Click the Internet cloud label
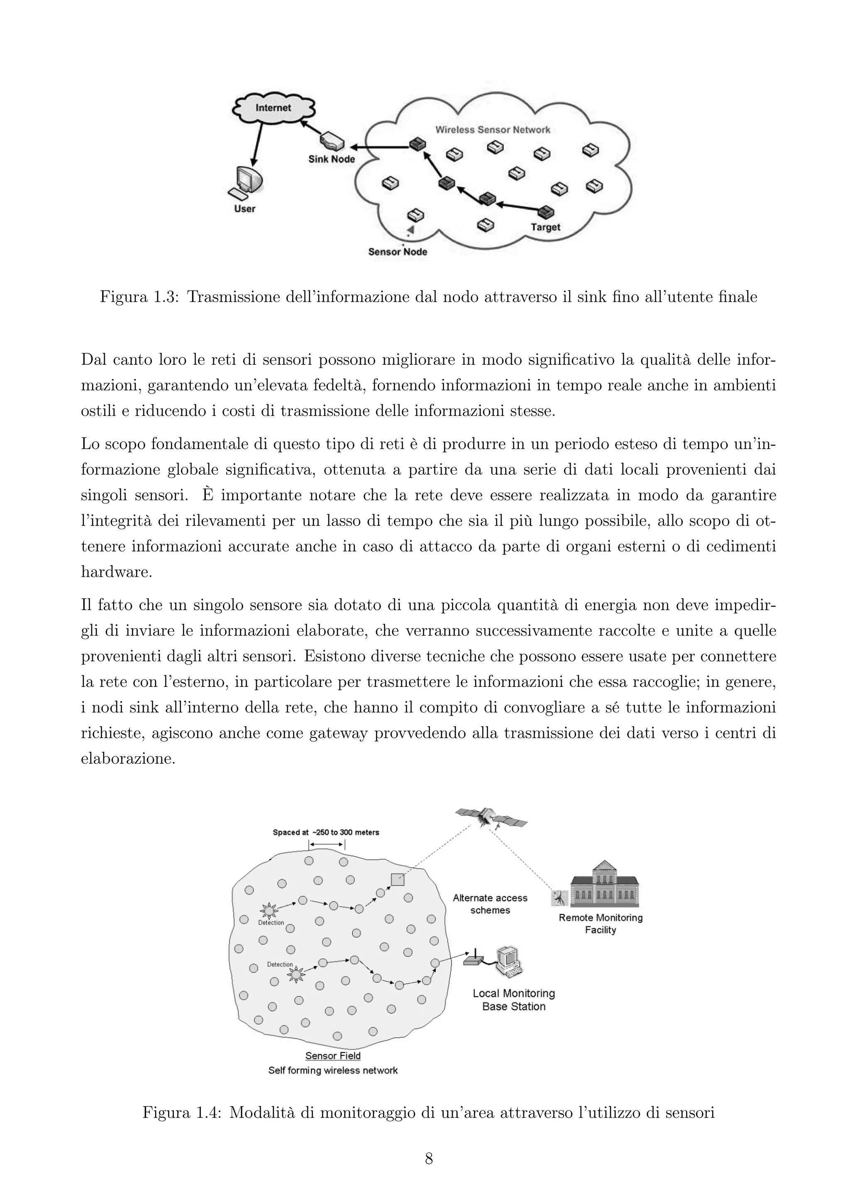pos(273,108)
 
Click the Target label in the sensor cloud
pos(545,227)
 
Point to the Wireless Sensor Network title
pos(493,130)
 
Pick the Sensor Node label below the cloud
pos(397,252)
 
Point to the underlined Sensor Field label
pos(333,1056)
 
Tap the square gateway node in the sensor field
pos(397,880)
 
